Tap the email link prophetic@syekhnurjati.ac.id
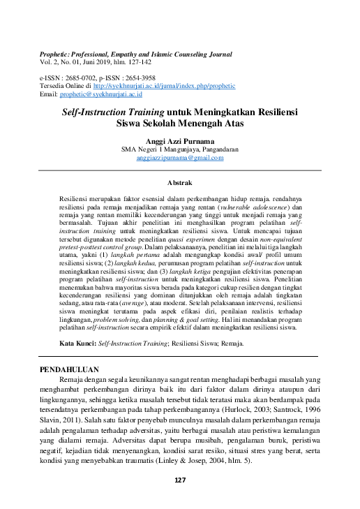(100, 94)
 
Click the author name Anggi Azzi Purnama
(180, 140)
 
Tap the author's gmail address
(180, 158)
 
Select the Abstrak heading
(180, 182)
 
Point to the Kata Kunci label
(77, 344)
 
